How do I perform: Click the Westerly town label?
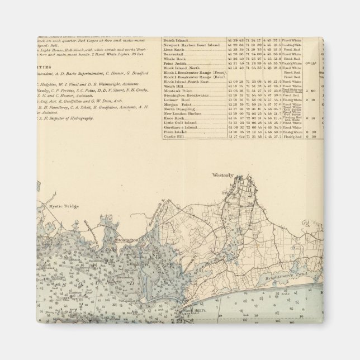point(222,175)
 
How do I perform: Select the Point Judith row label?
point(176,63)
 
